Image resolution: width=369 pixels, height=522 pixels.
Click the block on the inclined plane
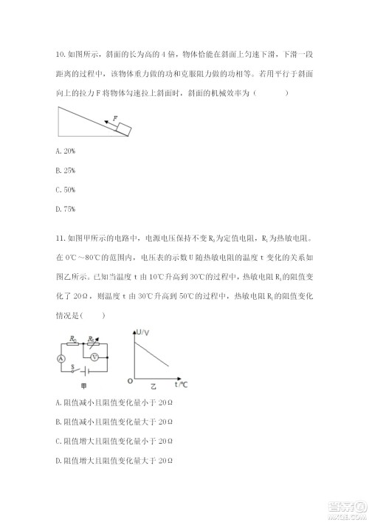(124, 128)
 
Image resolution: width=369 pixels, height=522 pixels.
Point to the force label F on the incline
(115, 117)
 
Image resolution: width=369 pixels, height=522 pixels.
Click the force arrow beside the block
(111, 123)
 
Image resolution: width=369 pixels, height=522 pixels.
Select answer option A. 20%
(65, 151)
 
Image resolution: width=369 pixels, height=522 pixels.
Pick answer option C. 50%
(65, 190)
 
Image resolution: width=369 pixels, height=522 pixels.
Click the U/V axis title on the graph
(144, 335)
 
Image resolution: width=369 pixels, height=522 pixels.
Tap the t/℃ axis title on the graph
(181, 385)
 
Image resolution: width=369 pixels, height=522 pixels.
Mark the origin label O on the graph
(130, 382)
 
